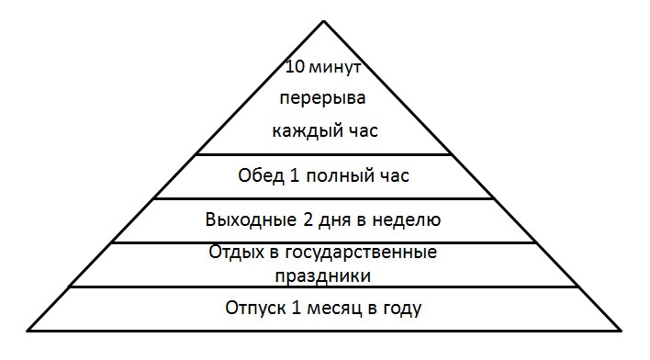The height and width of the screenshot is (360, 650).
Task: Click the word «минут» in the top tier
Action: tap(336, 67)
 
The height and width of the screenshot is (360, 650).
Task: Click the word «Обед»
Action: tap(258, 176)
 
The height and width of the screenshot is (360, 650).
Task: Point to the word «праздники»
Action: tap(324, 274)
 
